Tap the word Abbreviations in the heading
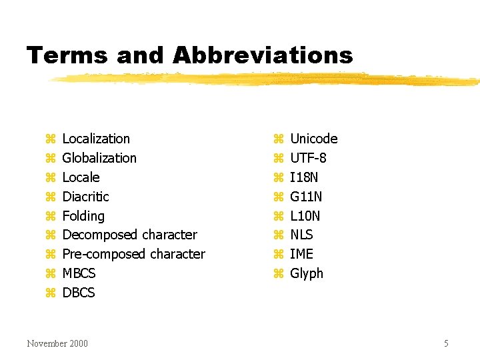pyautogui.click(x=263, y=55)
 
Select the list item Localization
pyautogui.click(x=96, y=139)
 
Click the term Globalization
pyautogui.click(x=99, y=158)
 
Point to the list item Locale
pyautogui.click(x=81, y=177)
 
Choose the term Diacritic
pyautogui.click(x=85, y=197)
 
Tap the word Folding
pyautogui.click(x=83, y=216)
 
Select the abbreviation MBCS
pyautogui.click(x=79, y=273)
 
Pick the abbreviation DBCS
pyautogui.click(x=79, y=293)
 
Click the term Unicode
pyautogui.click(x=314, y=139)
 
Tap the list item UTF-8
pyautogui.click(x=308, y=158)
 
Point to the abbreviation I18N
pyautogui.click(x=304, y=177)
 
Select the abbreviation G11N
pyautogui.click(x=306, y=197)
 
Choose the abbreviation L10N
pyautogui.click(x=305, y=216)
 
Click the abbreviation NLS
pyautogui.click(x=301, y=235)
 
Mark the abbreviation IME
pyautogui.click(x=301, y=254)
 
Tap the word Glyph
pyautogui.click(x=307, y=273)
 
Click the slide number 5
pyautogui.click(x=446, y=343)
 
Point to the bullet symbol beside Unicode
pyautogui.click(x=278, y=139)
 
